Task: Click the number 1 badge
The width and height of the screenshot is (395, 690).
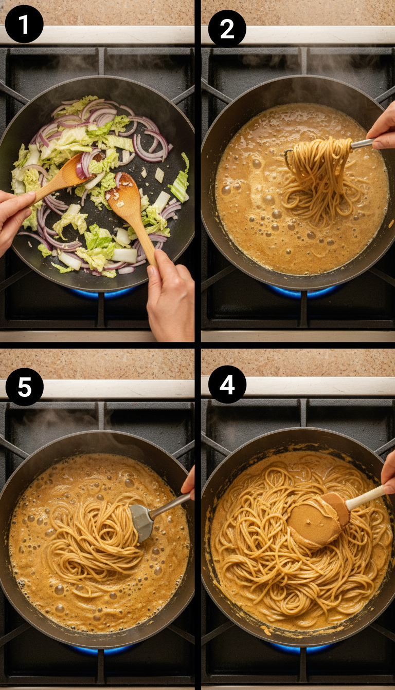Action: tap(24, 24)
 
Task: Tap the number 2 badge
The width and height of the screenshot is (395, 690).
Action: tap(227, 28)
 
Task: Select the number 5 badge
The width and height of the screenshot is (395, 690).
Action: tap(24, 387)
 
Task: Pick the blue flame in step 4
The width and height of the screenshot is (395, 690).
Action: tap(303, 647)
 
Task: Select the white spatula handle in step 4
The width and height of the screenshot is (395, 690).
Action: tap(366, 497)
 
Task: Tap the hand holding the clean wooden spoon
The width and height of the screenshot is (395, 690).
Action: tap(13, 216)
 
